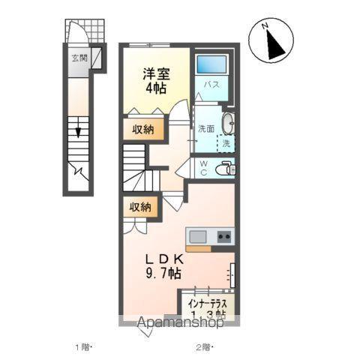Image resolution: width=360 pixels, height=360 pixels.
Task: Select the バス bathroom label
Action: coord(212,85)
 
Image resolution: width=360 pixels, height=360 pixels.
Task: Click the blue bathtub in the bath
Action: coord(212,64)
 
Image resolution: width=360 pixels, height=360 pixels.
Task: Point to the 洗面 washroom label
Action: coord(207,128)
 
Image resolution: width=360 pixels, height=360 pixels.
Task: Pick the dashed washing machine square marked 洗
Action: coord(226,142)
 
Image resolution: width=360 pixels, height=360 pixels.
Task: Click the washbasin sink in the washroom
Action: coord(229,122)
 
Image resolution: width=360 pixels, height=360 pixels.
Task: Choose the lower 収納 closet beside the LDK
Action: coord(141,206)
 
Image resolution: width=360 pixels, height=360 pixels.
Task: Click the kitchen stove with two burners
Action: coord(223,237)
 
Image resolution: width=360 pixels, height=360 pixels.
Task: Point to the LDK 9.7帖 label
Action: coord(164,266)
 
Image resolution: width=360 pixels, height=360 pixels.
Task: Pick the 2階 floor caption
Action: coord(204,347)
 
